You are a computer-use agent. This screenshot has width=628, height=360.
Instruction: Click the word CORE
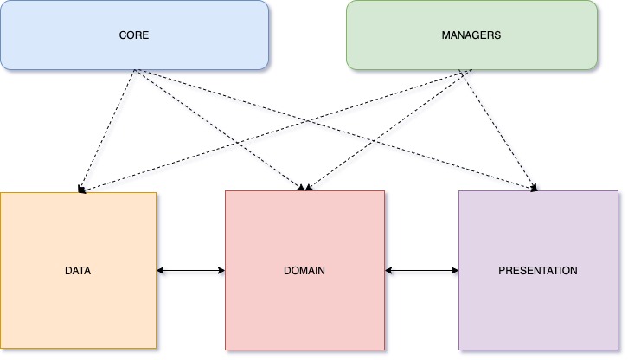coord(134,35)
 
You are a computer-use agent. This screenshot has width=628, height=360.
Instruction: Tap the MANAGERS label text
coord(471,35)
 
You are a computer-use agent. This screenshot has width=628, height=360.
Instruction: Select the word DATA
coord(78,271)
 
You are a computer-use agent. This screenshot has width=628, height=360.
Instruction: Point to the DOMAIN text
coord(304,271)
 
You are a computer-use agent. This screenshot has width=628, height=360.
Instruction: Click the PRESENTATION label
coord(537,271)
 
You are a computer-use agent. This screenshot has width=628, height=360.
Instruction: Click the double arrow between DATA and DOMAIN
coord(190,271)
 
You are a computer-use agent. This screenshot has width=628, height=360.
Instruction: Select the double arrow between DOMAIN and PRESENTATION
coord(421,271)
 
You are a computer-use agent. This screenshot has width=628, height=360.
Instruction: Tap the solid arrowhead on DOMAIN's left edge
coord(221,271)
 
